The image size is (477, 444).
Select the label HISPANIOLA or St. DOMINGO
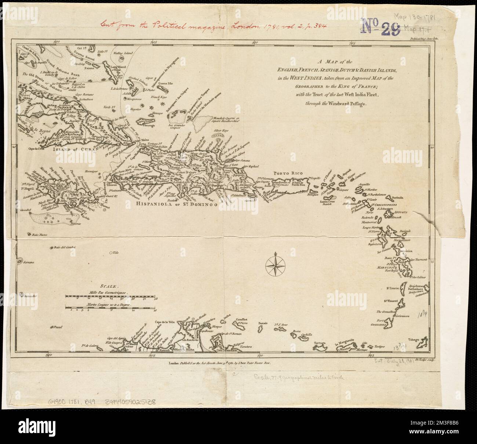[x=176, y=204]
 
